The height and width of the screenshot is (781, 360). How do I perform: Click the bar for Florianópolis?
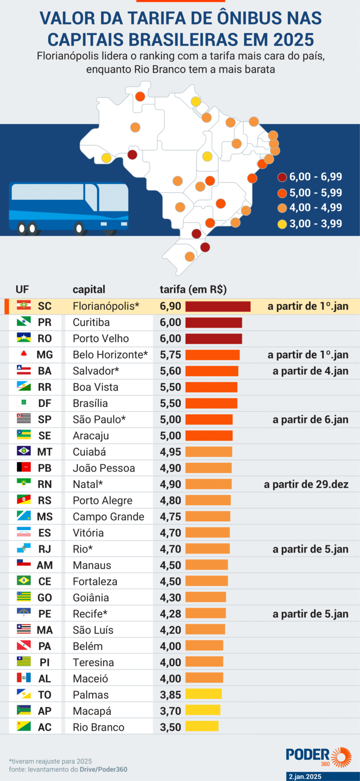218,307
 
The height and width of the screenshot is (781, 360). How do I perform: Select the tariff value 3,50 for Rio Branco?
170,727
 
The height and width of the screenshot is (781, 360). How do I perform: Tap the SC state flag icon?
24,306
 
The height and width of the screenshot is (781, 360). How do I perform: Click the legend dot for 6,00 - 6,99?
282,177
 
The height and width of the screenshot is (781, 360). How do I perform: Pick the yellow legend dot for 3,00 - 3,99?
282,224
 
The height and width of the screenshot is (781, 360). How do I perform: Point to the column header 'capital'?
89,289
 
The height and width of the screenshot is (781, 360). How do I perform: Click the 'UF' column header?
22,289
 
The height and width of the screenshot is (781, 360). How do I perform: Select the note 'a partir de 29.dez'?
306,484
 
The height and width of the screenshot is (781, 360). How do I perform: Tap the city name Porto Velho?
101,338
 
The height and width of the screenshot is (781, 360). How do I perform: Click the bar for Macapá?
202,711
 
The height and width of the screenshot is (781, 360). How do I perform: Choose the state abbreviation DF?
45,403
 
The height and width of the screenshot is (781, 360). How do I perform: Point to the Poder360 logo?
319,756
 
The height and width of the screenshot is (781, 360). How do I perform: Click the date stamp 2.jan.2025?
305,777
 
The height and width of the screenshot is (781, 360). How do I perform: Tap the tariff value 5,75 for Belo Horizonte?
170,355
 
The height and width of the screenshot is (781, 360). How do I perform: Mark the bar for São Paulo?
209,420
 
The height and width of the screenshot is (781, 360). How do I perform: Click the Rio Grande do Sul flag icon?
24,500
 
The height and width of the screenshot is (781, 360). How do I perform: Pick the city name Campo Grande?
108,517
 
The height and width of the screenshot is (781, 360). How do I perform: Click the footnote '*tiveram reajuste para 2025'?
51,761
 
